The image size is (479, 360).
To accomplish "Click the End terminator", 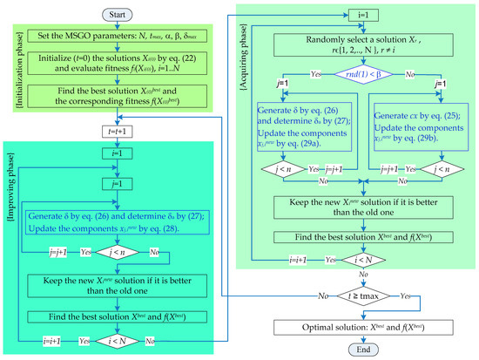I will (360, 350).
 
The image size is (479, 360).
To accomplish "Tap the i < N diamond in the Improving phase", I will (124, 340).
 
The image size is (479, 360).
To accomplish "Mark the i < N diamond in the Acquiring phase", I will (360, 260).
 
